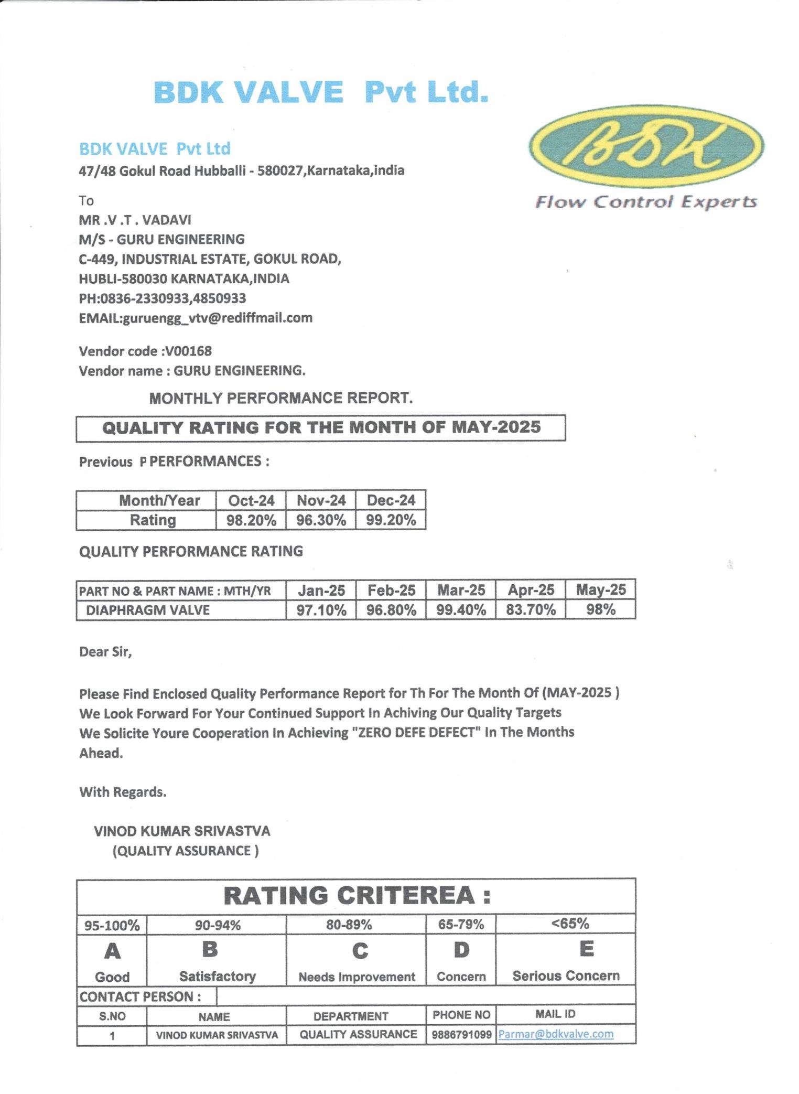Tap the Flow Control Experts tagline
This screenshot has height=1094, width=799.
(x=645, y=202)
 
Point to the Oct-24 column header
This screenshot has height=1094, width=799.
(x=251, y=500)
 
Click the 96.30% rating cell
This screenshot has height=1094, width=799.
(x=321, y=520)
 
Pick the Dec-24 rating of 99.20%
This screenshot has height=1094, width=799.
(x=391, y=520)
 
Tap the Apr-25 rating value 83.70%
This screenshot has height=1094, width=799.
(x=531, y=610)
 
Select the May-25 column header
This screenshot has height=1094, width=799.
(x=601, y=590)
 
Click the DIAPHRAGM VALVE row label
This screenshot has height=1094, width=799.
(x=148, y=610)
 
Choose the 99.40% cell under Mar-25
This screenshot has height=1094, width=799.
(x=461, y=610)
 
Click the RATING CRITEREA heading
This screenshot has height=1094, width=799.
(x=357, y=896)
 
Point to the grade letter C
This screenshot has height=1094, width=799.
(x=360, y=951)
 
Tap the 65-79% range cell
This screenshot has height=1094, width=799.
(x=461, y=925)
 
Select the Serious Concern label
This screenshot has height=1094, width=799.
(x=566, y=975)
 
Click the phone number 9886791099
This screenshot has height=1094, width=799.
(x=461, y=1035)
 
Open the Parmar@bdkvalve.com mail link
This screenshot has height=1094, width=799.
(x=556, y=1034)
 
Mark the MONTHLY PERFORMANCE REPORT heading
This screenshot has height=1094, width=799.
(x=281, y=398)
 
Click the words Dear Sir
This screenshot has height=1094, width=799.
(x=105, y=652)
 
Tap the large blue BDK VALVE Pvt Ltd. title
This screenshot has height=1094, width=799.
(x=321, y=92)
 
